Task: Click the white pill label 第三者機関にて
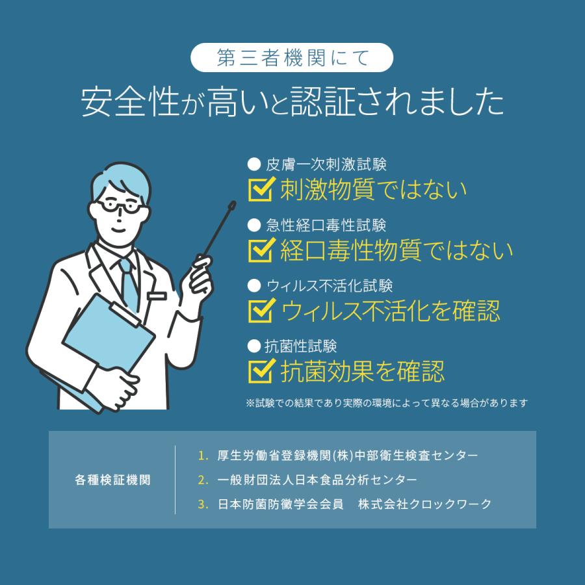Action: click(x=292, y=58)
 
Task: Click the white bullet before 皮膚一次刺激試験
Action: click(x=254, y=164)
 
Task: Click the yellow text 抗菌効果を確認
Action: click(x=363, y=371)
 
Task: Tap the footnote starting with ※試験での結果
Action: click(x=387, y=403)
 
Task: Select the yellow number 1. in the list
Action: click(x=203, y=456)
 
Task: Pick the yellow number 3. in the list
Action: click(x=203, y=504)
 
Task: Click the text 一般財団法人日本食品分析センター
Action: click(x=317, y=480)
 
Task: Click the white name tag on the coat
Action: click(x=157, y=296)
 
